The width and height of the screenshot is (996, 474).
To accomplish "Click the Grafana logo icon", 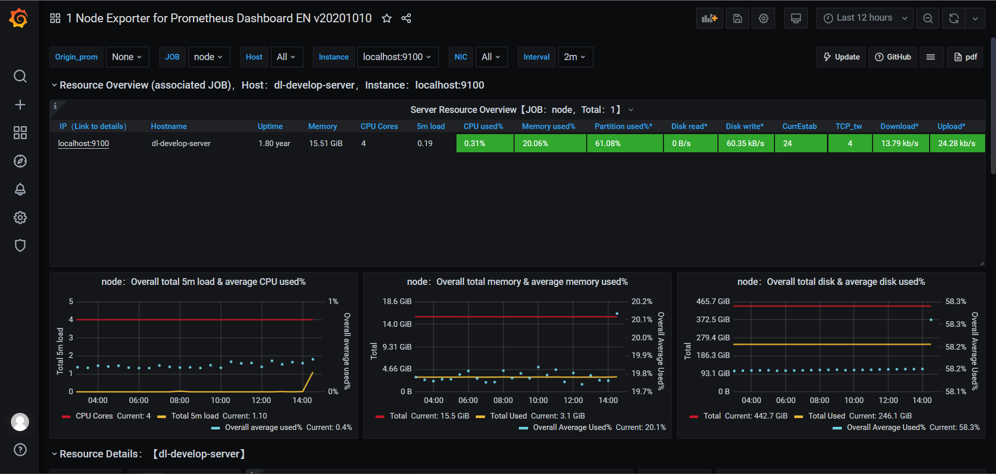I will click(19, 18).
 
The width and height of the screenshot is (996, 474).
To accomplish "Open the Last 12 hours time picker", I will click(864, 18).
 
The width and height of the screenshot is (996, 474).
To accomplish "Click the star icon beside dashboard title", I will click(386, 19).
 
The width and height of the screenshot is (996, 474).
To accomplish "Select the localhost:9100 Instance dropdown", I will click(397, 57).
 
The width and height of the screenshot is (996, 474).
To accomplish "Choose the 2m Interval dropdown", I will click(574, 57).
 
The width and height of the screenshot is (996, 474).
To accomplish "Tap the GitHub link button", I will click(893, 57).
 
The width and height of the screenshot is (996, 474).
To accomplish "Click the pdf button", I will click(965, 57).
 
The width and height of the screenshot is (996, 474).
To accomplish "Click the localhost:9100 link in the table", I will click(84, 143).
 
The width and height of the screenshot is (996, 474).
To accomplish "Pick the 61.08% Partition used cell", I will click(625, 143).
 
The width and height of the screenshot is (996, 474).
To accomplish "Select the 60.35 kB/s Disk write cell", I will click(745, 143).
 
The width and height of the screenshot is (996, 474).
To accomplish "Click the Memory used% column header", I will click(548, 126).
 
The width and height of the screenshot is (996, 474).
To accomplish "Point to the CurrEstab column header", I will click(799, 126).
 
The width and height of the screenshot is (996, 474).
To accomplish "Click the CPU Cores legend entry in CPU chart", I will click(94, 416).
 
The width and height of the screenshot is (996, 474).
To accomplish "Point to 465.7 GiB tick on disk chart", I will click(713, 301).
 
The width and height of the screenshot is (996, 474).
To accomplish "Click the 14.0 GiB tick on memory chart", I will click(397, 324).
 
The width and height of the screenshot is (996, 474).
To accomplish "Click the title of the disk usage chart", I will click(831, 282).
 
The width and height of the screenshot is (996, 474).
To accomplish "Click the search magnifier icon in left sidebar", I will click(20, 77).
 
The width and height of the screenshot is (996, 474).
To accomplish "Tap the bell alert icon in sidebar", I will click(20, 190).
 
